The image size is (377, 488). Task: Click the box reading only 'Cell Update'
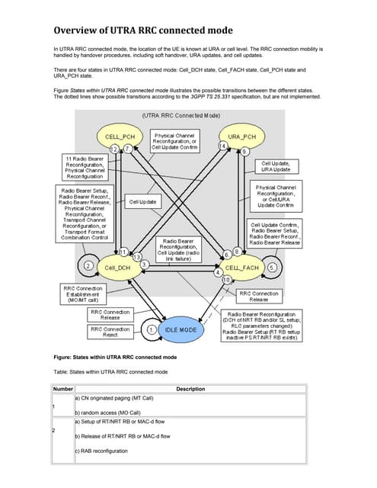point(142,202)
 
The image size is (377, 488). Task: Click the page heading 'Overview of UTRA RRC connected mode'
point(143,30)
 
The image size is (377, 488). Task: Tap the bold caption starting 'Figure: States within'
point(115,357)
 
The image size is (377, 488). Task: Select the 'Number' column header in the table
point(62,389)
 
